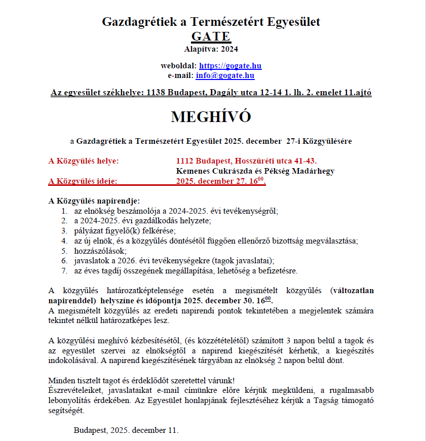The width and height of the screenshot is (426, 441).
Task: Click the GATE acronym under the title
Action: [211, 36]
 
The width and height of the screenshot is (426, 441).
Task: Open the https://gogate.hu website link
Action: [230, 66]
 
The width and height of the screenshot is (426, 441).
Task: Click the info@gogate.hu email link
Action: [225, 75]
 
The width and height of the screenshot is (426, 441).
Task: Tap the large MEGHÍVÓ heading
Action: [211, 116]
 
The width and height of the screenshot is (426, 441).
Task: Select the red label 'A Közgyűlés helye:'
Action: [84, 161]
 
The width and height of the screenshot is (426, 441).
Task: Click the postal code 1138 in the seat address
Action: [156, 93]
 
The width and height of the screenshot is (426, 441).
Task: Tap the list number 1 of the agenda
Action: [64, 210]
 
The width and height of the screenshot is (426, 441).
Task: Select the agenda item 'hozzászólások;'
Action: [100, 251]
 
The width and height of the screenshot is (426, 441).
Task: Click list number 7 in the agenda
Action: [64, 271]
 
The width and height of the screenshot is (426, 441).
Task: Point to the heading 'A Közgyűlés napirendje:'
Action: [94, 200]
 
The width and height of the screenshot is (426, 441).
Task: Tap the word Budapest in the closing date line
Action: [90, 430]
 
